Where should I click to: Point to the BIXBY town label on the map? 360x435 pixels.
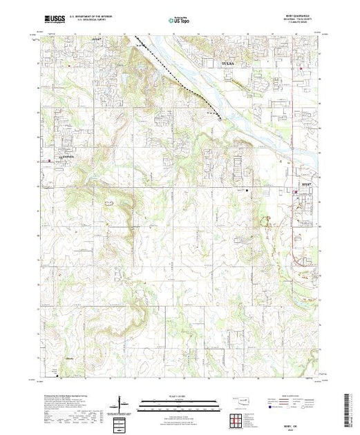click(x=305, y=185)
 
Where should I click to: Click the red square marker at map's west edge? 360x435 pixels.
click(x=49, y=161)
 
